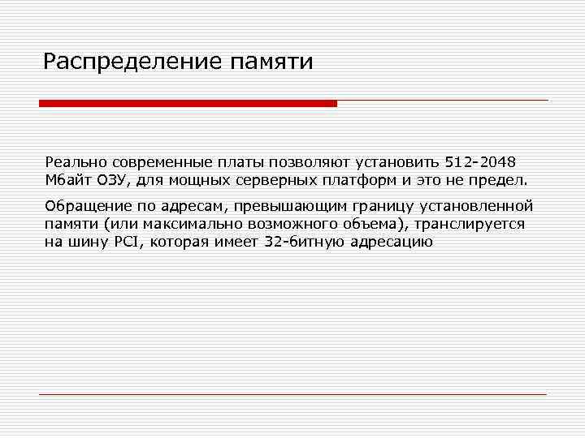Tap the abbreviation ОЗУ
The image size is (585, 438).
tap(113, 178)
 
